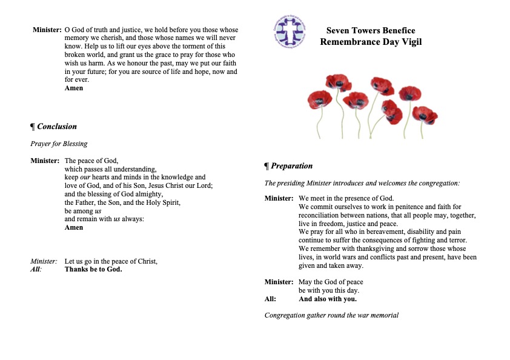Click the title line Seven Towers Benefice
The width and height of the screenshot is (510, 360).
371,30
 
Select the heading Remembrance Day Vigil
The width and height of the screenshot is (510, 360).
371,42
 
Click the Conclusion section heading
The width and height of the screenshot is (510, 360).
54,127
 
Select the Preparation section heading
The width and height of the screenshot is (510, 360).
289,166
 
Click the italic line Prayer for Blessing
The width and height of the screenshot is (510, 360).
59,144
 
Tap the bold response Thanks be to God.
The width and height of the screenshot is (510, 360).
93,269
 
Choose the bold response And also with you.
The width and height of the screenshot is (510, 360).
328,299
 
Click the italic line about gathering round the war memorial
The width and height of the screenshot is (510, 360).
331,315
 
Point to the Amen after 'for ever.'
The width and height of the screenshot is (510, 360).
74,88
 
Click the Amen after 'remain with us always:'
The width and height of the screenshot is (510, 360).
74,227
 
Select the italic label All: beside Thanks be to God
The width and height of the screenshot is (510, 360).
36,269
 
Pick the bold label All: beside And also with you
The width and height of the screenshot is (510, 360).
270,299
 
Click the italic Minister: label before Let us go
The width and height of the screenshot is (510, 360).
44,261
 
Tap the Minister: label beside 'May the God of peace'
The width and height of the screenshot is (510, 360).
279,282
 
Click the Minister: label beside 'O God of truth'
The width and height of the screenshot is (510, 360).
47,30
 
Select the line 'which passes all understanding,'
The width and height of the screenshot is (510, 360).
111,169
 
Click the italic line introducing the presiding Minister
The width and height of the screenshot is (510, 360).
362,182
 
